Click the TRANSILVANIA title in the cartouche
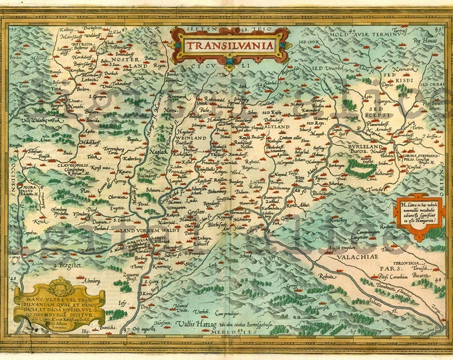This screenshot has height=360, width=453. coord(229,47)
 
